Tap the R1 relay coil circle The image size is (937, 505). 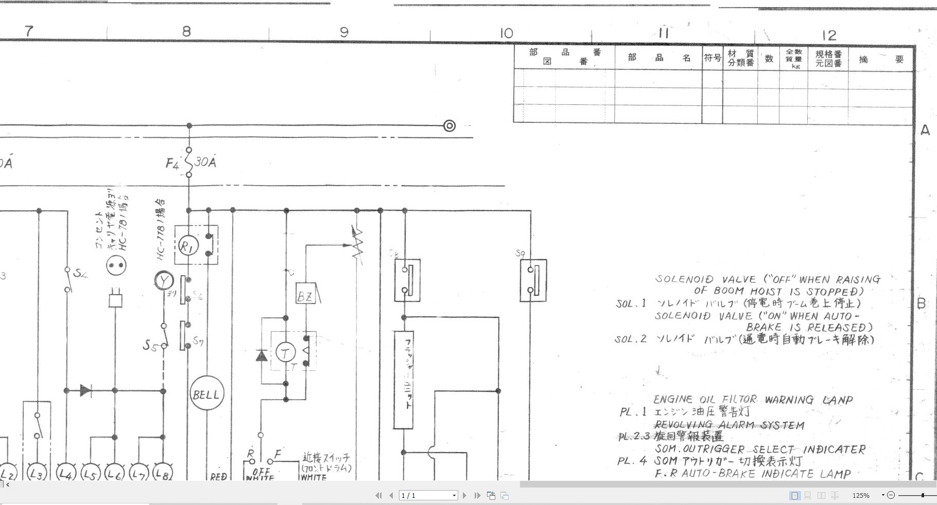pos(186,247)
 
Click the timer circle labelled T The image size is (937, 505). pos(285,353)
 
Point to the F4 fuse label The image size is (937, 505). pos(172,164)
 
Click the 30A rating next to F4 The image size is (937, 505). pos(205,163)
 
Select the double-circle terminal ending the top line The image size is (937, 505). pos(449,125)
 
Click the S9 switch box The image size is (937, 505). pos(533,280)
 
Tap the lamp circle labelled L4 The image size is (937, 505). pos(65,474)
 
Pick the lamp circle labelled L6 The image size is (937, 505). pos(114,474)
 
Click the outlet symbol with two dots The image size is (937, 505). pos(116,266)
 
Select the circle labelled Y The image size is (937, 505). pos(164,281)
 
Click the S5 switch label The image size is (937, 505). pos(149,345)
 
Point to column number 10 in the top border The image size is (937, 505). pos(506,34)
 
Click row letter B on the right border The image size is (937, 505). pos(922,303)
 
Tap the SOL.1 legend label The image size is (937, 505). pos(631,303)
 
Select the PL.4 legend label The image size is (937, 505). pos(632,461)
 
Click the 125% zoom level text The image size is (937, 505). pos(861,496)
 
